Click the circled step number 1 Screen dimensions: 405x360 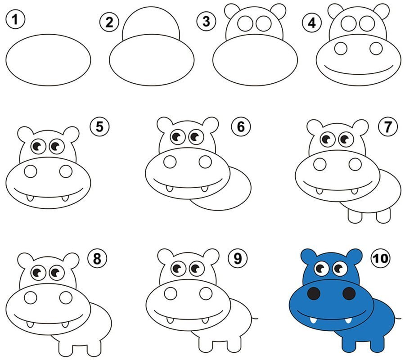[x=15, y=20]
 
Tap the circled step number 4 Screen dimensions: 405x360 [x=312, y=23]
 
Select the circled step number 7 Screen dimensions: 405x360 [x=388, y=127]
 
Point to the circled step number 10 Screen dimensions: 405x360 [x=380, y=258]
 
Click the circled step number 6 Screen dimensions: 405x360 [x=241, y=127]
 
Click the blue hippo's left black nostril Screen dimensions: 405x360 [x=314, y=293]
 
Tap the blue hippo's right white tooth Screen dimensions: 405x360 [x=349, y=320]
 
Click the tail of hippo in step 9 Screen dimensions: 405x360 [x=255, y=318]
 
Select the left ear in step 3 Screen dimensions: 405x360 [x=232, y=11]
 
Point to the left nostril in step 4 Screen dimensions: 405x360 [x=341, y=48]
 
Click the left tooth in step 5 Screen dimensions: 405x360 [x=30, y=198]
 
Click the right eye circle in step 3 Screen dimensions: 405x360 [x=263, y=23]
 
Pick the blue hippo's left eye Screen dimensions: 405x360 [x=321, y=269]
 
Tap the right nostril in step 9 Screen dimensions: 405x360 [x=206, y=293]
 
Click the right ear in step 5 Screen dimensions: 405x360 [x=71, y=134]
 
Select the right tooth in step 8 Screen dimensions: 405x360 [x=65, y=324]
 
